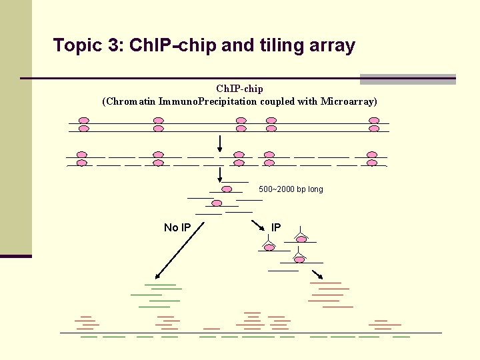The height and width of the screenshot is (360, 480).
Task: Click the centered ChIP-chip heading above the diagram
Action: pyautogui.click(x=239, y=89)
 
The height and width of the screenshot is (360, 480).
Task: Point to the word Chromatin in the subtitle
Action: pyautogui.click(x=130, y=101)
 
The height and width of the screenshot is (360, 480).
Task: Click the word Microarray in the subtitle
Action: pyautogui.click(x=347, y=101)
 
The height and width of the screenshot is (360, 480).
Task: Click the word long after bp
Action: pyautogui.click(x=315, y=189)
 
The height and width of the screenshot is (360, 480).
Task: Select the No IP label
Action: pyautogui.click(x=177, y=228)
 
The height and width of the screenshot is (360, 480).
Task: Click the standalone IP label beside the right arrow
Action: pyautogui.click(x=276, y=227)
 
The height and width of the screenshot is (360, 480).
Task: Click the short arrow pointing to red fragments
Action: pyautogui.click(x=318, y=275)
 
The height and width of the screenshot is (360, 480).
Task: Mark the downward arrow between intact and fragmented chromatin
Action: pyautogui.click(x=220, y=143)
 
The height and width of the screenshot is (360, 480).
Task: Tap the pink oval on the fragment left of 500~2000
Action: pyautogui.click(x=227, y=189)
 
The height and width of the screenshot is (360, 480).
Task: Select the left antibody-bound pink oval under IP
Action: pyautogui.click(x=269, y=247)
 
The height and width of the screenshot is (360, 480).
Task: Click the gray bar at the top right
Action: pyautogui.click(x=407, y=79)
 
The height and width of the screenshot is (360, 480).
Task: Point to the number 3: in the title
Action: pyautogui.click(x=116, y=45)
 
